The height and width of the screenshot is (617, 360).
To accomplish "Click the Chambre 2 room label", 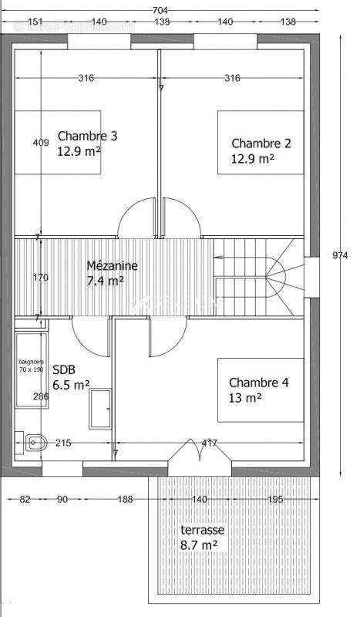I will click(x=261, y=143).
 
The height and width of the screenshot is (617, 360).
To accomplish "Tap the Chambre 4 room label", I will click(x=258, y=383).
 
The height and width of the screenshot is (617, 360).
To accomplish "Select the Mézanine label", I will click(x=112, y=265).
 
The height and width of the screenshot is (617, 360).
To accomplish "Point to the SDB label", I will click(x=64, y=369).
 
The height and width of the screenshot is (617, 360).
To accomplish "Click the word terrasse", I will click(x=203, y=531).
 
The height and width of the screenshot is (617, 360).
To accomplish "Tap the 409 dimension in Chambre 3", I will click(x=41, y=142).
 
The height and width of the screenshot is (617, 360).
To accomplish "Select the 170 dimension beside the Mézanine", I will click(x=41, y=277).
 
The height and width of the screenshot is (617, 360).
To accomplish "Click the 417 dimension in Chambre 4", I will click(x=207, y=443).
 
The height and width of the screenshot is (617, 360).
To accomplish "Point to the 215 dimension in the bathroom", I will click(x=62, y=443).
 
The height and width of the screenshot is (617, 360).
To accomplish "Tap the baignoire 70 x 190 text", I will click(x=32, y=365).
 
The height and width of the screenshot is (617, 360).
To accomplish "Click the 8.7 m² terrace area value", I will click(x=198, y=545).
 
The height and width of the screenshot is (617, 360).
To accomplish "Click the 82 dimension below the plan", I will click(x=25, y=500).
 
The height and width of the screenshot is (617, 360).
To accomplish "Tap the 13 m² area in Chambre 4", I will click(x=245, y=397).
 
